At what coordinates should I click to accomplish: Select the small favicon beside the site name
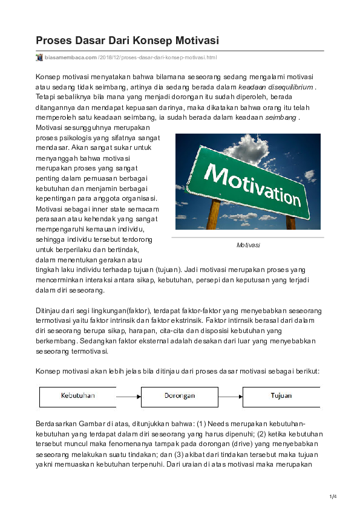(x=39, y=57)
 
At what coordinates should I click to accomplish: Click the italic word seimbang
(x=281, y=117)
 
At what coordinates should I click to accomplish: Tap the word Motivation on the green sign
(x=249, y=180)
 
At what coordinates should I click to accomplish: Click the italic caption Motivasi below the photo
(x=248, y=245)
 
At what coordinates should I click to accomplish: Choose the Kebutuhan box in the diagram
(x=77, y=396)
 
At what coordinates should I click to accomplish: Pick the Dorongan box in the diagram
(x=180, y=396)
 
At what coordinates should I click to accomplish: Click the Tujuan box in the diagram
(x=281, y=396)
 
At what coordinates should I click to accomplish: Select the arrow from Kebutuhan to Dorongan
(x=128, y=397)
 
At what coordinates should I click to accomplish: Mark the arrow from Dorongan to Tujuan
(x=230, y=397)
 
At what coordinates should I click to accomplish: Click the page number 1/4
(x=332, y=497)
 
